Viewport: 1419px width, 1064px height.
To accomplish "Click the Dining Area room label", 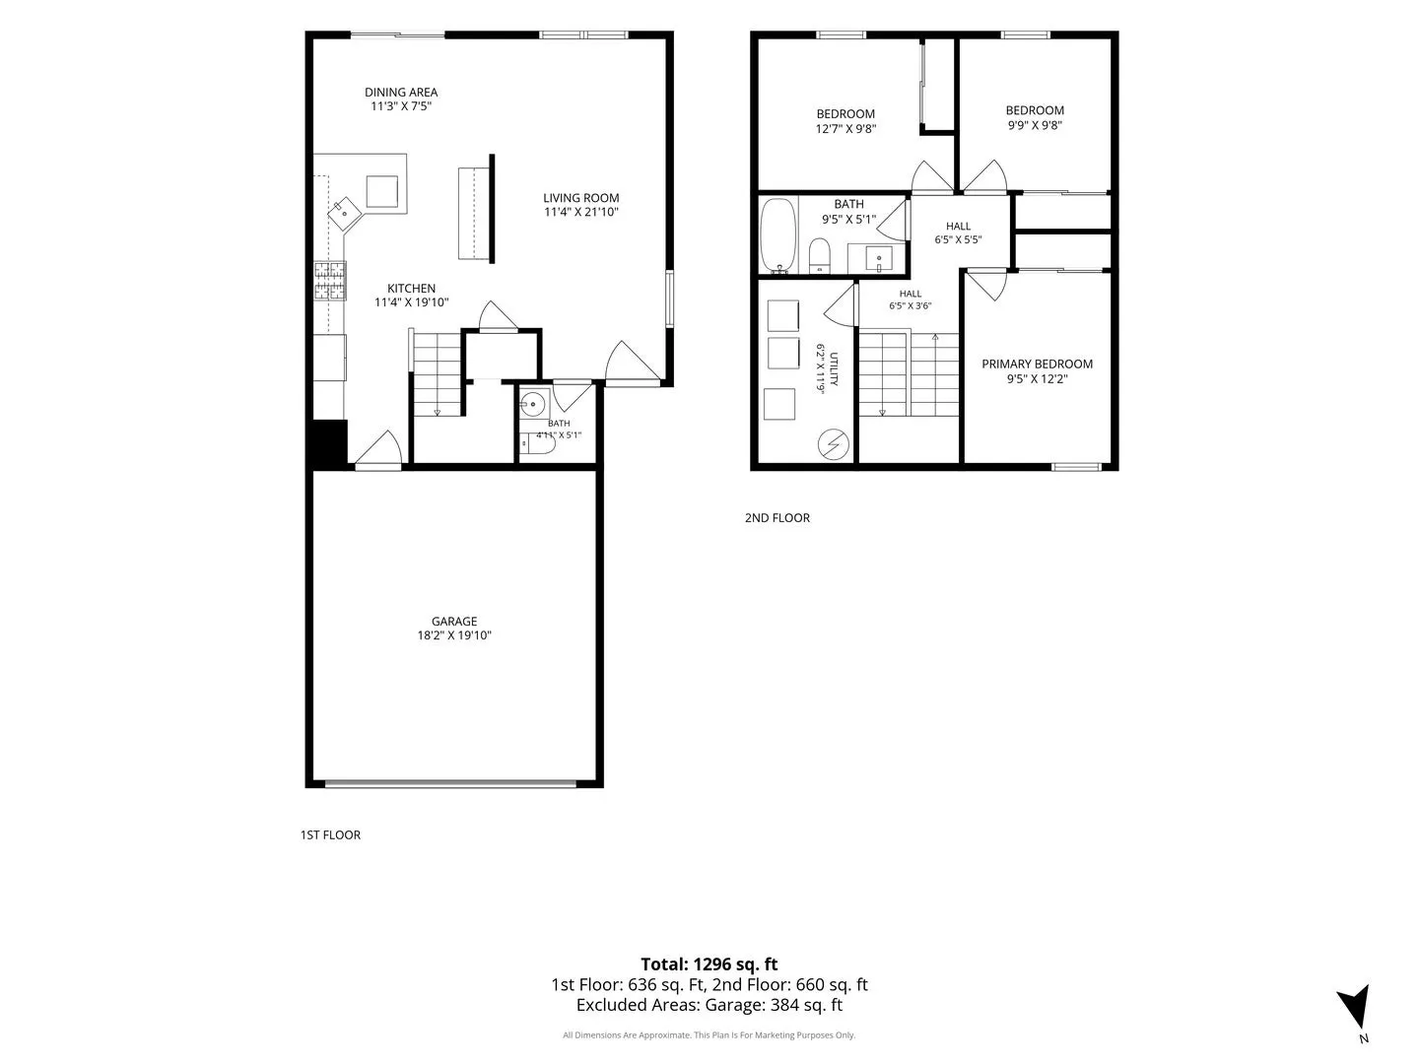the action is pos(401,93).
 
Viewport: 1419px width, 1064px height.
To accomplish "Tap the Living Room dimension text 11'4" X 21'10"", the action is pos(581,212).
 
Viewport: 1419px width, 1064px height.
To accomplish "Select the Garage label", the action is pos(454,621).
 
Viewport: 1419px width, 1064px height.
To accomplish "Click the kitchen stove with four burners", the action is pos(330,281).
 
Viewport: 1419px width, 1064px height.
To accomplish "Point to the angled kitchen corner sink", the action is pos(344,213).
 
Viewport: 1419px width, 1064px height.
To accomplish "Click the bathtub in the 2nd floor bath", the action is pos(777,235).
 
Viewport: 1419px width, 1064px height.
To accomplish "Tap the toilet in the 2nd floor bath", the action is pos(819,256).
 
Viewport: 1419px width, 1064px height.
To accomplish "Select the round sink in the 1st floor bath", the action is pos(533,405).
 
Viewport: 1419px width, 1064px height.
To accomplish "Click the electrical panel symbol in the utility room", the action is pos(833,444).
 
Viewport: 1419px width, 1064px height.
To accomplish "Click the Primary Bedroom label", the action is pos(1037,364).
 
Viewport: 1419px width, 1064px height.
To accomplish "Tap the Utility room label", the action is pos(834,368).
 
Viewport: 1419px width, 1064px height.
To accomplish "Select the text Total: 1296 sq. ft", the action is pos(709,964).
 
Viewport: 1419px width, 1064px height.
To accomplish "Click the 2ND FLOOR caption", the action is pos(777,517).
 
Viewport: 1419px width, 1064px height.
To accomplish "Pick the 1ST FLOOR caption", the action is pos(330,834).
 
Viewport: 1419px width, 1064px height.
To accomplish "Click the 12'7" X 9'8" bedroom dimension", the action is pos(845,128).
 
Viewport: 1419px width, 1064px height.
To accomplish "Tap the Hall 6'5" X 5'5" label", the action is pos(958,233).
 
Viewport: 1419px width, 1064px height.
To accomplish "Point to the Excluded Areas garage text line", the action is pos(709,1005).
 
